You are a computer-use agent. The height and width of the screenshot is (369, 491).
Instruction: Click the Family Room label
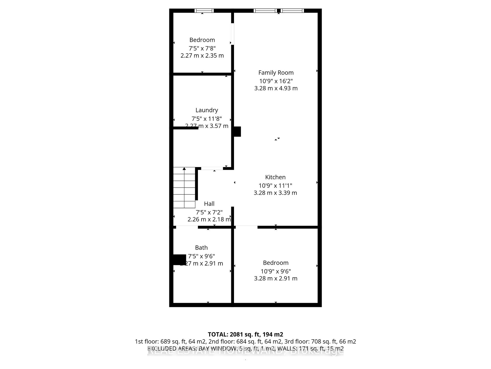tap(276, 73)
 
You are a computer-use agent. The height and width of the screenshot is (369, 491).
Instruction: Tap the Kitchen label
tap(275, 177)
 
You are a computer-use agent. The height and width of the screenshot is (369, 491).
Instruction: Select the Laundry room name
tap(207, 110)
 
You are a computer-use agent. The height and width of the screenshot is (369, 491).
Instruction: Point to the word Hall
tap(209, 204)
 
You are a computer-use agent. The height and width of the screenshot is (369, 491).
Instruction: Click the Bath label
tap(201, 248)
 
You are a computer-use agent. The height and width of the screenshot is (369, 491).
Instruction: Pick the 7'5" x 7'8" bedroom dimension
tap(202, 48)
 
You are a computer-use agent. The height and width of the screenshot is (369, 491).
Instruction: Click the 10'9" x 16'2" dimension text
tap(276, 81)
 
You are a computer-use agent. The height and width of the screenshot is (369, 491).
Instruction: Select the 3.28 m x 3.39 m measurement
tap(275, 193)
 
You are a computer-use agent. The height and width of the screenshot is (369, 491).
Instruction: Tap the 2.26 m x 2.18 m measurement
tap(209, 219)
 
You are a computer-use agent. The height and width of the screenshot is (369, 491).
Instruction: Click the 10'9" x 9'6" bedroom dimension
tap(276, 271)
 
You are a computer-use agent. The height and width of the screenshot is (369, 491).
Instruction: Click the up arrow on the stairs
tap(184, 169)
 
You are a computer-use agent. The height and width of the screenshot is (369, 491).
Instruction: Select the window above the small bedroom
tap(204, 11)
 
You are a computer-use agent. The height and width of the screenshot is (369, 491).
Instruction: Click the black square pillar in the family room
tap(237, 131)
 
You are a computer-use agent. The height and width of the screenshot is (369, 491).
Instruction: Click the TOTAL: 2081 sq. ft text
tap(245, 334)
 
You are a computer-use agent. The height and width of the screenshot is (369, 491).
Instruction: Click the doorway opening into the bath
tap(187, 227)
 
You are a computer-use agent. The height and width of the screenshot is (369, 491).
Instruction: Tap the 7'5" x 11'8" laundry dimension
tap(207, 119)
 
